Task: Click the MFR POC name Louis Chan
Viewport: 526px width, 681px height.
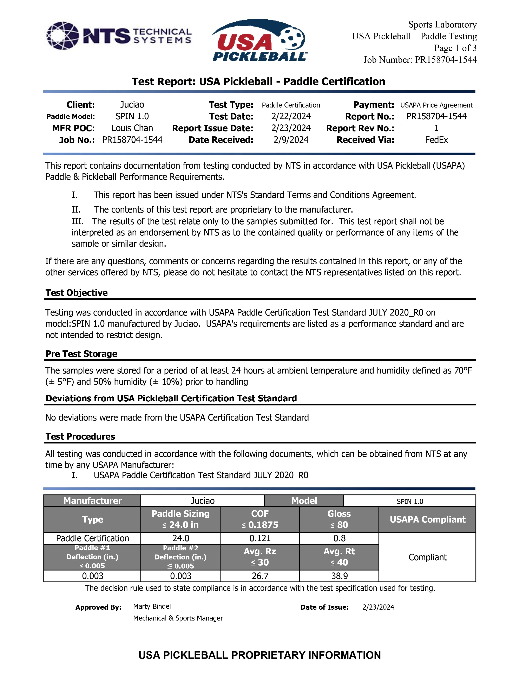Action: coord(132,128)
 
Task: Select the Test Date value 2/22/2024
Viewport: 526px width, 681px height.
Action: coord(291,116)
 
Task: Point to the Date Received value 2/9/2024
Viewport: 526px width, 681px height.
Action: coord(291,140)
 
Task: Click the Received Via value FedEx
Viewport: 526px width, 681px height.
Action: coord(436,140)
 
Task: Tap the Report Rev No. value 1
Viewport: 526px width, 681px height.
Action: coord(436,128)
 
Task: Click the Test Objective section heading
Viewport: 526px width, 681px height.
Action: coord(76,293)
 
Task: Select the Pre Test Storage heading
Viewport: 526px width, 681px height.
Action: coord(81,354)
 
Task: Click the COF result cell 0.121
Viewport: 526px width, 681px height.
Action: coord(260,538)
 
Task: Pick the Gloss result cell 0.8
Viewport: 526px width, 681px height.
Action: coord(339,538)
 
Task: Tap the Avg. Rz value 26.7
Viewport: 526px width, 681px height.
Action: coord(260,576)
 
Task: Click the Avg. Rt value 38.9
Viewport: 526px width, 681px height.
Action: coord(339,576)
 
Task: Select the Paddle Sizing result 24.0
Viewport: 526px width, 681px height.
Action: coord(180,538)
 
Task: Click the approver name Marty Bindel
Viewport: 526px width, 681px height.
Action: coord(152,607)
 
